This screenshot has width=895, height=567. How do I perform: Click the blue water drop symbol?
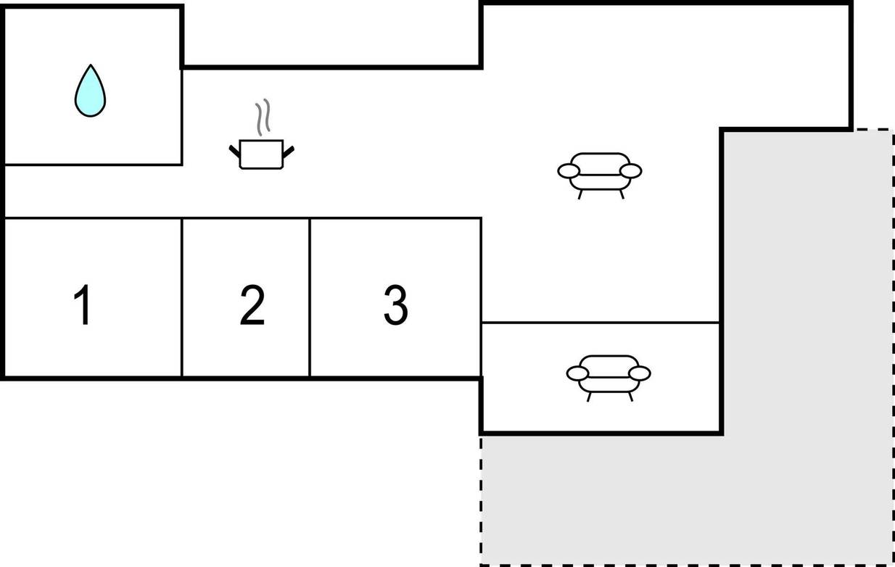(x=91, y=91)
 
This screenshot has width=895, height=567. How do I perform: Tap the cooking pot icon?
(x=261, y=154)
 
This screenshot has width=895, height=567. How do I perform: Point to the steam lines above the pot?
(x=263, y=117)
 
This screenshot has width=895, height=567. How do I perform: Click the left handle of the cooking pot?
(x=234, y=152)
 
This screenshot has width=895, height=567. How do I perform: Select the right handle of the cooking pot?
(x=289, y=152)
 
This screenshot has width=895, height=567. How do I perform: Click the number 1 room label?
(x=82, y=305)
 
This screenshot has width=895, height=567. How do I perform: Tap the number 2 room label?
(x=252, y=305)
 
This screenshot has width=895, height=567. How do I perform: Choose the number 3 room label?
(x=395, y=305)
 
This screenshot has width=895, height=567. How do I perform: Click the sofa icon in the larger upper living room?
(x=600, y=175)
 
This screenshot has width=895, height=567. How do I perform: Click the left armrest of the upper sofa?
(x=569, y=171)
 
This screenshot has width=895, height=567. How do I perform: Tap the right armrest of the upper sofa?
(x=631, y=171)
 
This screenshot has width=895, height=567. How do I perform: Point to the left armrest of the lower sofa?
(x=577, y=373)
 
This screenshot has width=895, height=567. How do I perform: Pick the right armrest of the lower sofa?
(x=640, y=373)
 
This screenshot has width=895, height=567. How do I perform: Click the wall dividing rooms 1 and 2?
(x=182, y=297)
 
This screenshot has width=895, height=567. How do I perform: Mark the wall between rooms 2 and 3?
(x=310, y=297)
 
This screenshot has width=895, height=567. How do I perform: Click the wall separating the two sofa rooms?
(x=601, y=322)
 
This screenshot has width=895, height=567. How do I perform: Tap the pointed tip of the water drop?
(x=91, y=65)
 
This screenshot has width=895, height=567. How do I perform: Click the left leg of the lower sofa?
(x=589, y=397)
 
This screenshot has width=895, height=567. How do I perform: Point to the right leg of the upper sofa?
(x=622, y=194)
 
